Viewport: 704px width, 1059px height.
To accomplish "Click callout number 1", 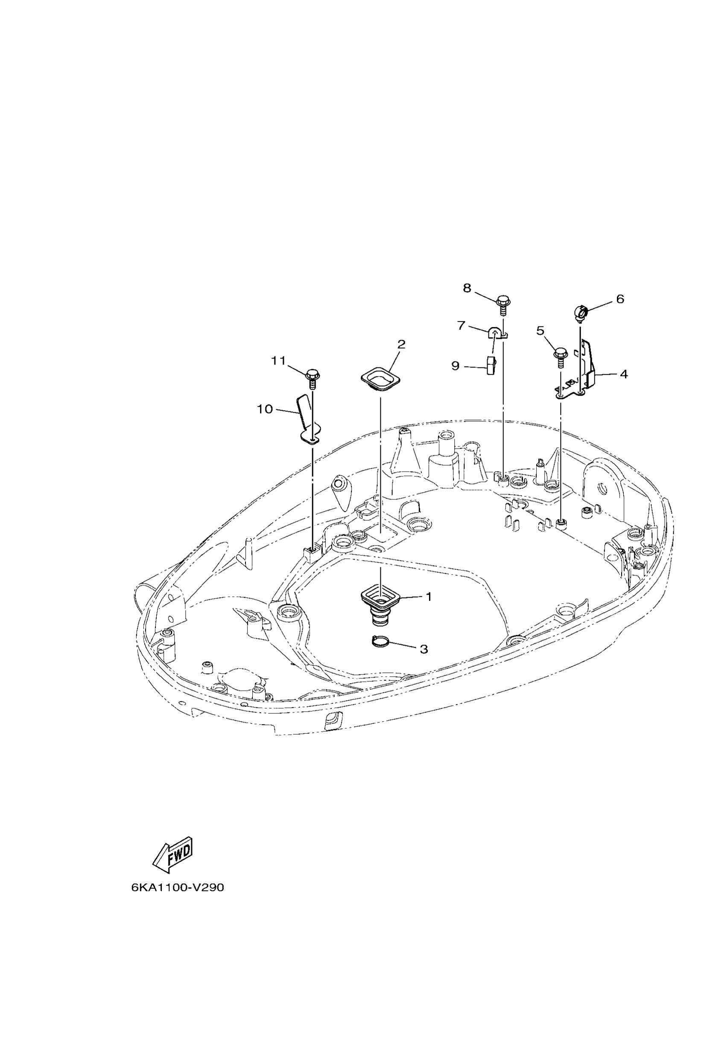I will tap(428, 597).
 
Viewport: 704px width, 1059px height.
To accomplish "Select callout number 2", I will tap(401, 344).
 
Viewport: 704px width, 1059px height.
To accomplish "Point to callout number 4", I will tap(624, 374).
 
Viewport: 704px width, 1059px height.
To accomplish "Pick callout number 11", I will tap(278, 361).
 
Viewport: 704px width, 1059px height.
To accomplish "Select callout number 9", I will tap(455, 366).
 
